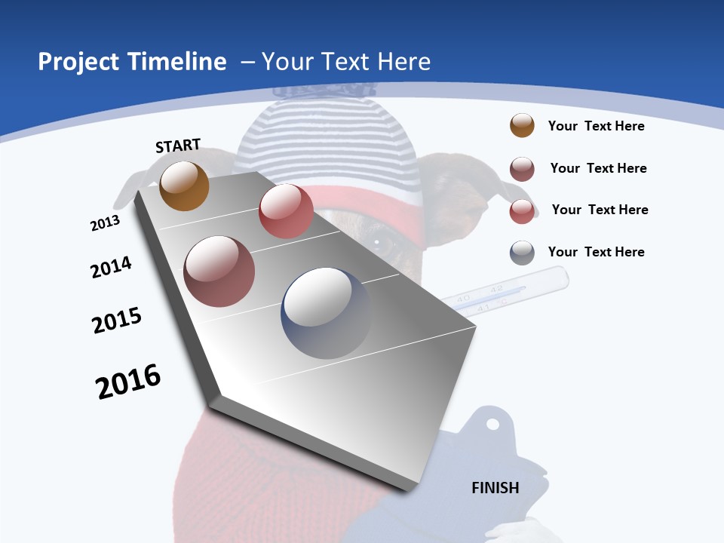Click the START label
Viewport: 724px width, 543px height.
(x=178, y=146)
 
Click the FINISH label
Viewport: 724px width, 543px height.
(x=495, y=487)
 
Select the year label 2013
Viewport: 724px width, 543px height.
(x=105, y=223)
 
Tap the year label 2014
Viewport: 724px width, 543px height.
(x=111, y=267)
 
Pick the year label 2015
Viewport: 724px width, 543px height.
(x=117, y=321)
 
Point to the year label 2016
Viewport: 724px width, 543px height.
(x=128, y=381)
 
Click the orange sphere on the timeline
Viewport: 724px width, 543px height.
(x=185, y=186)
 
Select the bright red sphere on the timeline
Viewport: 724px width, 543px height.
(x=286, y=210)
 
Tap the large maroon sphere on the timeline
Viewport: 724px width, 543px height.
(x=219, y=271)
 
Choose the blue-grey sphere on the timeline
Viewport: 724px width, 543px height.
(x=327, y=313)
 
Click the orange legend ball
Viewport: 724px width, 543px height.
(x=522, y=126)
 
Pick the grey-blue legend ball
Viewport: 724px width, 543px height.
(x=522, y=253)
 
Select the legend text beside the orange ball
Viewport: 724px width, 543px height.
(x=596, y=126)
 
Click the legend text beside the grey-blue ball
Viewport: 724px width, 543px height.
(x=596, y=252)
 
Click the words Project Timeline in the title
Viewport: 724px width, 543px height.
(x=132, y=62)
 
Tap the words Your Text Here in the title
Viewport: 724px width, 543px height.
(x=345, y=62)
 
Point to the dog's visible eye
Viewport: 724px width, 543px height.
(x=385, y=243)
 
